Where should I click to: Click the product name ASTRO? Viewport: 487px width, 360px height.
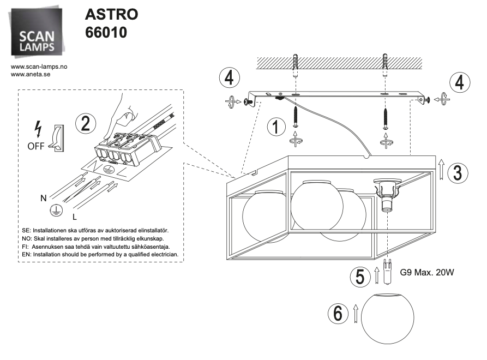[x=112, y=14]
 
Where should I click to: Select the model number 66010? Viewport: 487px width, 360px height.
[x=107, y=33]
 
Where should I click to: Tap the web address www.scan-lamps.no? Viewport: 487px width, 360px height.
[x=39, y=66]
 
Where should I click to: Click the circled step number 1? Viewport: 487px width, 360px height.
[x=277, y=127]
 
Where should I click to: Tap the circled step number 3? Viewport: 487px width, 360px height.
[x=458, y=172]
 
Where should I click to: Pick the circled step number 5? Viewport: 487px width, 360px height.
[x=359, y=277]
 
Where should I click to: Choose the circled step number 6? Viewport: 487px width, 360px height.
[x=338, y=313]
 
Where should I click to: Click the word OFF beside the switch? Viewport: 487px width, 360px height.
[x=36, y=146]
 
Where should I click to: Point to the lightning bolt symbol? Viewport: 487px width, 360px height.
[x=37, y=129]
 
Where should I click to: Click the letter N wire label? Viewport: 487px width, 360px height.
[x=43, y=199]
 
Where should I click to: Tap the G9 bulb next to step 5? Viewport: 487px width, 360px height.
[x=389, y=272]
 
